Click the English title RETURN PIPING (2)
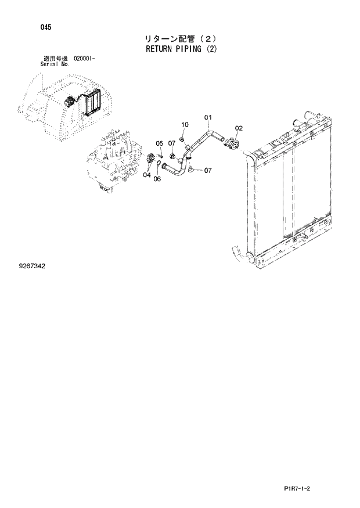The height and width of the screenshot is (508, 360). click(180, 49)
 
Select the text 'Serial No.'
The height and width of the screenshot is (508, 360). click(55, 64)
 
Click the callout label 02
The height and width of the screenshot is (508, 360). click(239, 128)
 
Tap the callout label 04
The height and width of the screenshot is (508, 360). click(147, 174)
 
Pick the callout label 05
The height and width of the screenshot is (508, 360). click(159, 143)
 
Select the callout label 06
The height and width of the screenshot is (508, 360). click(157, 179)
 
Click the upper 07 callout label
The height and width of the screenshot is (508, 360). click(172, 143)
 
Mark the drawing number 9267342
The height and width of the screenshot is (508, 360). click(32, 266)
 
